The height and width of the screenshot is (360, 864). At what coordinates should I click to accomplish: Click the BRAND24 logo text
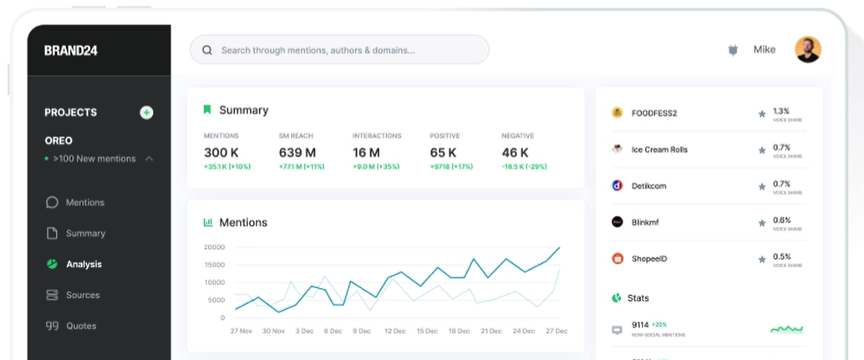[71, 50]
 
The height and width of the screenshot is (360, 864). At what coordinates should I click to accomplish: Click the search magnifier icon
[207, 50]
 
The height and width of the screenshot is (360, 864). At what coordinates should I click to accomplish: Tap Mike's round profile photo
[807, 49]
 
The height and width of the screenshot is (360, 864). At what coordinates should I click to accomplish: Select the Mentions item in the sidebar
[84, 202]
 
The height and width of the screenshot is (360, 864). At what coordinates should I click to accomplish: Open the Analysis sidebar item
[84, 264]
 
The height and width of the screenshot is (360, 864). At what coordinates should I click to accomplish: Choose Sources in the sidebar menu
[82, 295]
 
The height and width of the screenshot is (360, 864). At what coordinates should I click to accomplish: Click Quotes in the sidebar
[80, 326]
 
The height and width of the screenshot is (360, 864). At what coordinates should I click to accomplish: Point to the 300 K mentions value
[221, 153]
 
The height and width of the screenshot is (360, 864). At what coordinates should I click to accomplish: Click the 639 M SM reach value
[297, 153]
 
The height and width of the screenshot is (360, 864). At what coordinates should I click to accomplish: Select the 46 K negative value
[515, 153]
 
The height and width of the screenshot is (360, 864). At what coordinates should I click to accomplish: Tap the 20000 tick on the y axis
[214, 247]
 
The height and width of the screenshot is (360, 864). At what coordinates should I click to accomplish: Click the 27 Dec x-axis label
[556, 331]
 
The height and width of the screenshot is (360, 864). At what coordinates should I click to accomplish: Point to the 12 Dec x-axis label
[394, 331]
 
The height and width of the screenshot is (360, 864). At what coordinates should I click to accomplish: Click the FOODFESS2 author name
[654, 113]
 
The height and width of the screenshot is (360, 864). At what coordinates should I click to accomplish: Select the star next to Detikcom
[761, 186]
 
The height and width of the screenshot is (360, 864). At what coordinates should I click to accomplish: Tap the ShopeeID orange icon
[618, 259]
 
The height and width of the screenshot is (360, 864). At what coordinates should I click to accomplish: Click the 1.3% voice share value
[780, 110]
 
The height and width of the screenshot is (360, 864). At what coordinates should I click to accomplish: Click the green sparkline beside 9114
[786, 329]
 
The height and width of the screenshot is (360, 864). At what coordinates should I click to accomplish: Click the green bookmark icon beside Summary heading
[207, 109]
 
